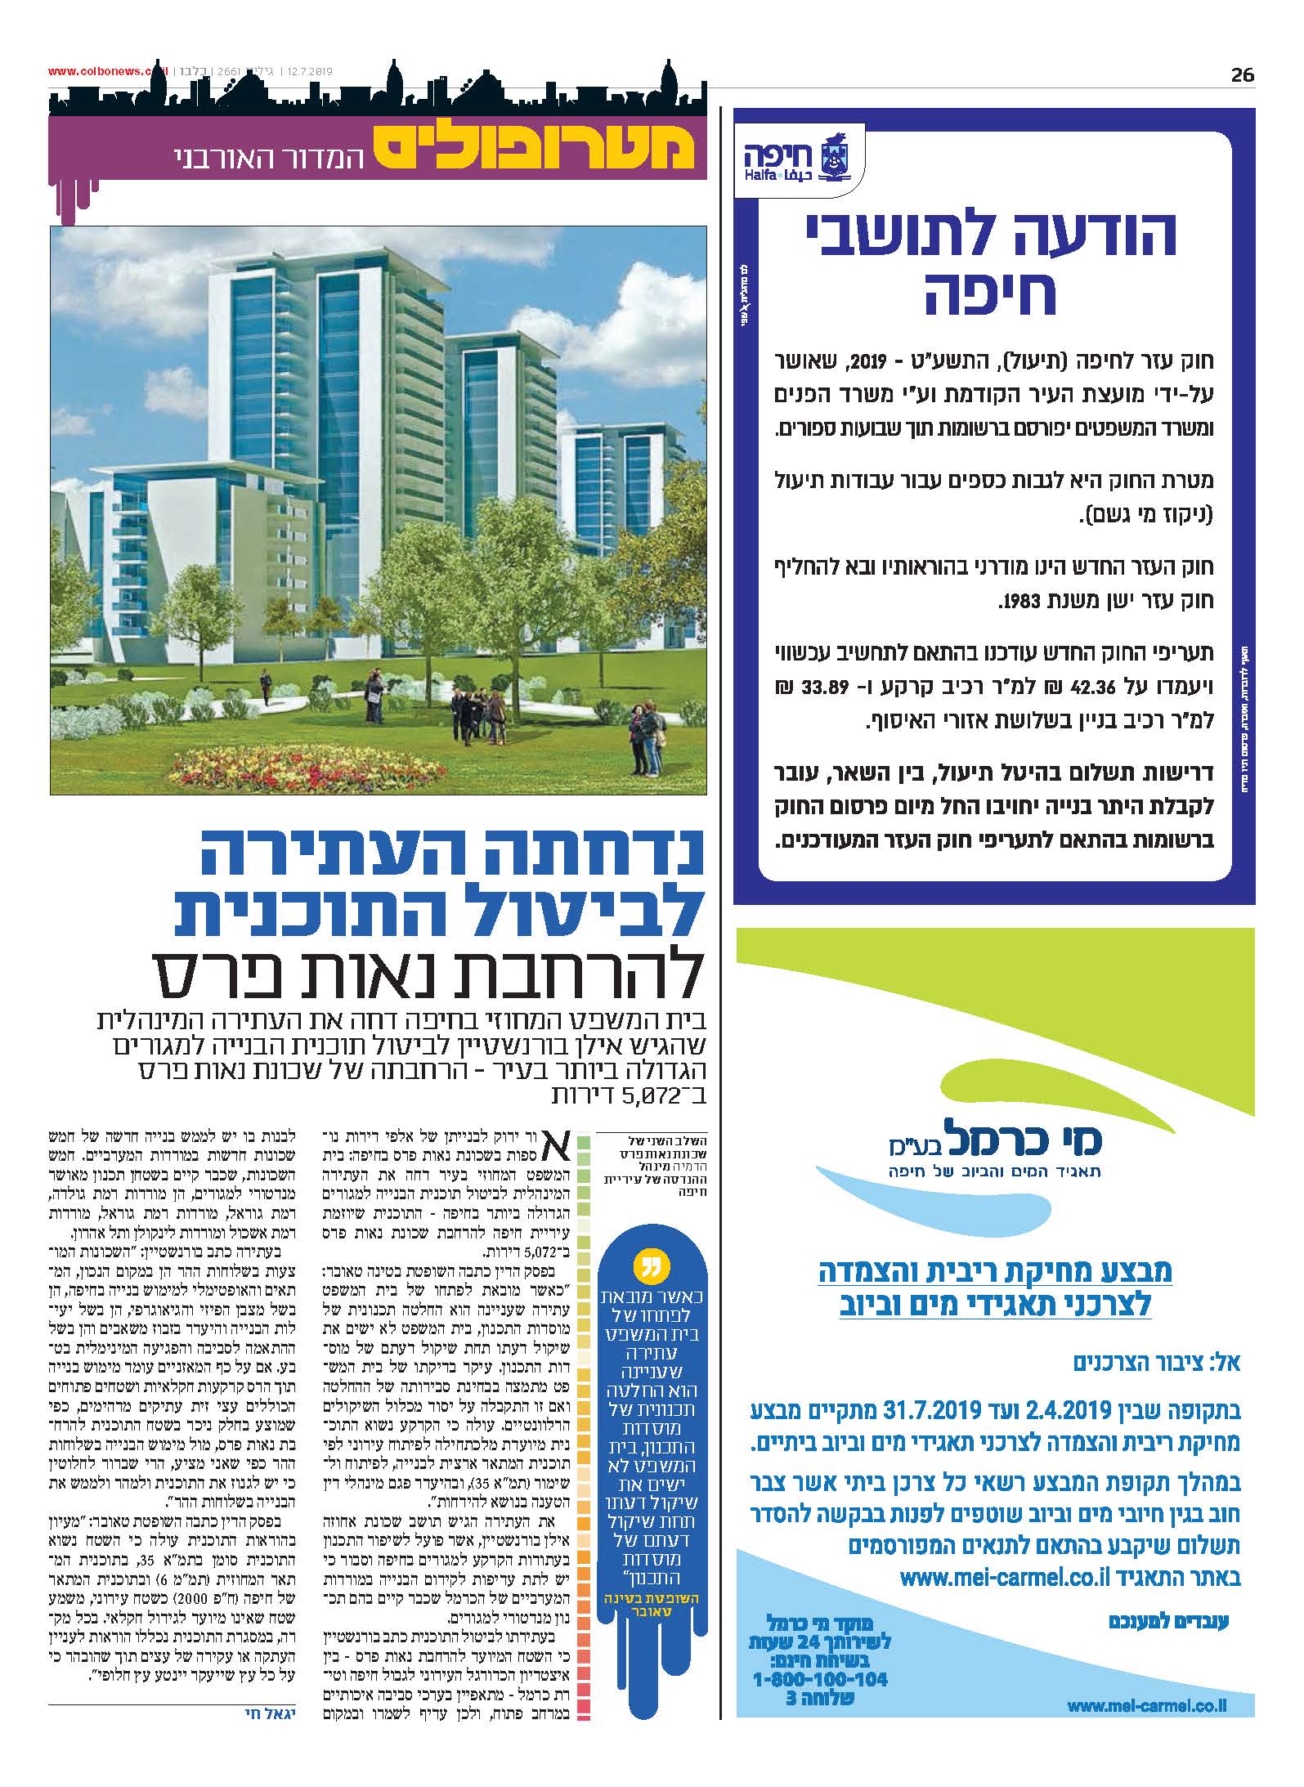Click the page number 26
click(1242, 75)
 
